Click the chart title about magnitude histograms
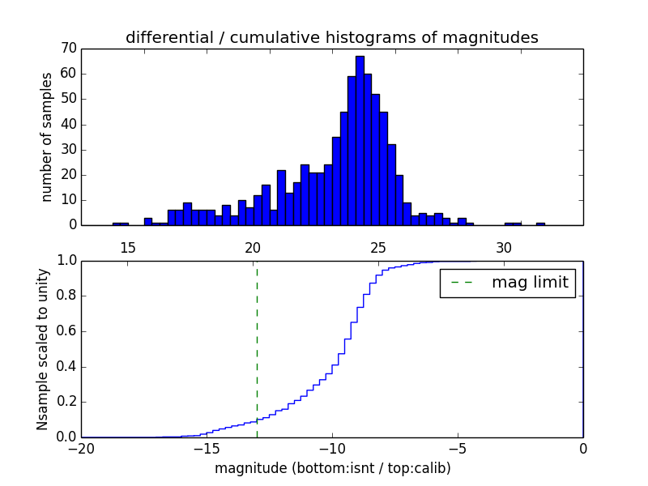coord(331,37)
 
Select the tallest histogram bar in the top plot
coord(360,140)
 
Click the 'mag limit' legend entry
coord(507,283)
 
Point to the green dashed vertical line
coord(257,348)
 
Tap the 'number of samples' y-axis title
coord(47,136)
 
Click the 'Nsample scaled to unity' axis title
coord(42,349)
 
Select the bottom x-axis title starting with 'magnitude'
coord(332,468)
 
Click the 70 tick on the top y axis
coord(67,49)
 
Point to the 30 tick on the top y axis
coord(67,149)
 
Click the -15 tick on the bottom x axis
coord(207,449)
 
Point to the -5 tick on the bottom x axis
coord(458,449)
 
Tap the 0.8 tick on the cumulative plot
coord(66,296)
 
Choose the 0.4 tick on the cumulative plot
coord(66,366)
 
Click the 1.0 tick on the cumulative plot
coord(66,261)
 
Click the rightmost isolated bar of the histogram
coord(540,224)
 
